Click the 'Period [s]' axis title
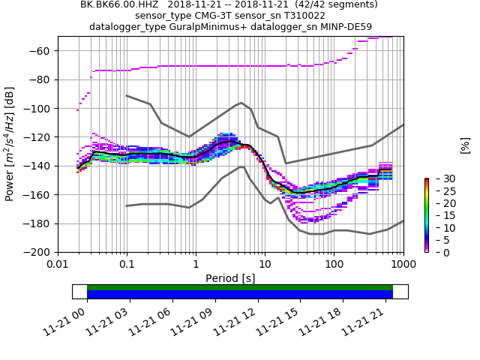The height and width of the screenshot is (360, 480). [230, 278]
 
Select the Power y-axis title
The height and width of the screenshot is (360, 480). [10, 144]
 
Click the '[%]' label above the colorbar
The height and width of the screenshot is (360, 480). [465, 145]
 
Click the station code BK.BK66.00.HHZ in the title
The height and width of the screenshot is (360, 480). [120, 4]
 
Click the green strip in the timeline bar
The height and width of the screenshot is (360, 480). [240, 287]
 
